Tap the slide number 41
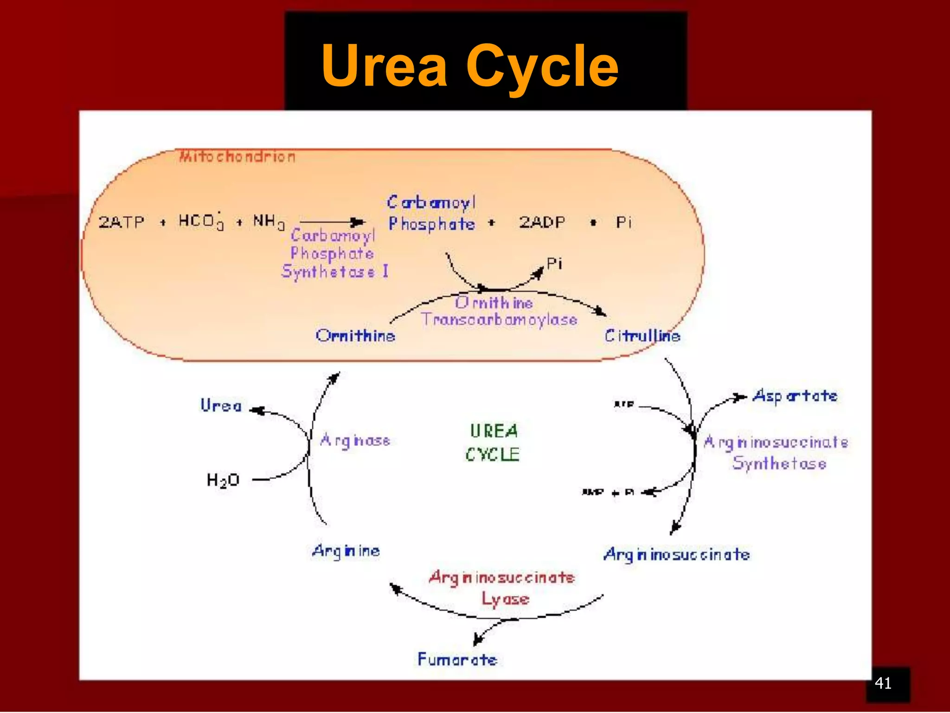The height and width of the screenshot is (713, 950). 883,683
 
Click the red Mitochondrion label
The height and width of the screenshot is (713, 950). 237,156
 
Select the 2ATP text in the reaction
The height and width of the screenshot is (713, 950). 122,222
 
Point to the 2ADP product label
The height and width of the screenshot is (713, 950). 542,222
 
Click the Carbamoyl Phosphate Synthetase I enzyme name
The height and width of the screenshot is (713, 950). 334,253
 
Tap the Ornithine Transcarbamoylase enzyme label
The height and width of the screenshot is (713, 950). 499,311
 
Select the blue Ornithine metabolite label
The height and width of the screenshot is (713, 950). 355,335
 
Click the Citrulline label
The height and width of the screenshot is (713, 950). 642,335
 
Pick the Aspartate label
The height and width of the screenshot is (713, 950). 795,396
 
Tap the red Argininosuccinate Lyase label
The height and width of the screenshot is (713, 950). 502,588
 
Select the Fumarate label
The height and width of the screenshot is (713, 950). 457,659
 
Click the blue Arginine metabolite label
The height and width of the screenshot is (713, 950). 346,551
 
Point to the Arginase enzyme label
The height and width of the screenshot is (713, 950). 355,440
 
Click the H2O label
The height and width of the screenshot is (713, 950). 223,480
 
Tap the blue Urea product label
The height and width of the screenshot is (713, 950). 221,405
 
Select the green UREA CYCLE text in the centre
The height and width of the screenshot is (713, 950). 493,442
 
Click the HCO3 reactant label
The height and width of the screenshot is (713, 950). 201,221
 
